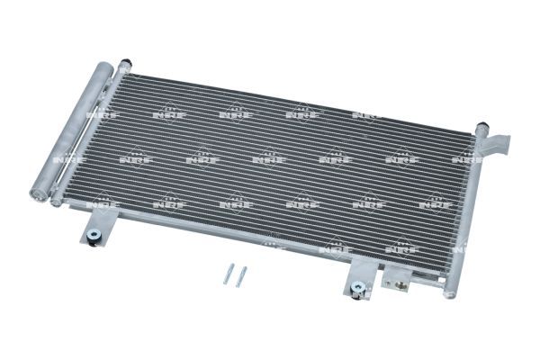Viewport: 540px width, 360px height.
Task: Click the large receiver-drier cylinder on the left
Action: (x=74, y=130)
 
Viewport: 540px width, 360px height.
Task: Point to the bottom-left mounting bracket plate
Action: (x=96, y=231)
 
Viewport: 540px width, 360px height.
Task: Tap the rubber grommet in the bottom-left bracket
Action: (x=94, y=240)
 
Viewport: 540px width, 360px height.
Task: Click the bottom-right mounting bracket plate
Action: (x=358, y=282)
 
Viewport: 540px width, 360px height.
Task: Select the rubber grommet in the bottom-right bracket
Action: (x=358, y=289)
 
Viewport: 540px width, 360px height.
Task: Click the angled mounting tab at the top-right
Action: (x=497, y=142)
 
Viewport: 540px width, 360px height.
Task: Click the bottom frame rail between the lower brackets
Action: (x=225, y=241)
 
